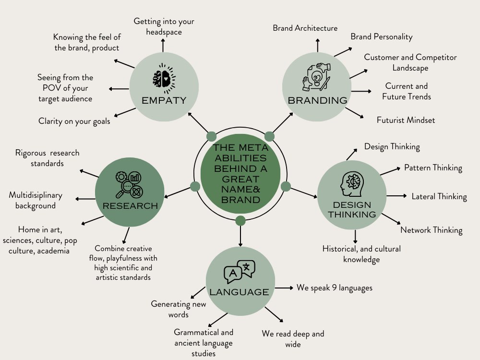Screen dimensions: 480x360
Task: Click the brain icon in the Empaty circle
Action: [x=164, y=78]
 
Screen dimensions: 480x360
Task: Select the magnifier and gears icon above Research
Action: [x=129, y=185]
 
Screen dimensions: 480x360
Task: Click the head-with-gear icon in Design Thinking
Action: [x=352, y=184]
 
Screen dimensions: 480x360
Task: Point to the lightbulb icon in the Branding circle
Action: [x=316, y=77]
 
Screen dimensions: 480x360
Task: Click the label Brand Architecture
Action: [x=305, y=28]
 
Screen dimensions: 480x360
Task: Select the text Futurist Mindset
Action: [x=406, y=120]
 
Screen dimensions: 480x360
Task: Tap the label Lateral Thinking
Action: [x=439, y=196]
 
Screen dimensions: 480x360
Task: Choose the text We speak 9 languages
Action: [x=334, y=288]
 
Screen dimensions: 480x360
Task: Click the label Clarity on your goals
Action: [x=74, y=121]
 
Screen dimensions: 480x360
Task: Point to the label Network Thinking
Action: [x=432, y=230]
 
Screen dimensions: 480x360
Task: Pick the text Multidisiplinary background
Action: [x=36, y=200]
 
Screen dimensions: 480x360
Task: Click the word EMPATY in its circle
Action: [x=164, y=100]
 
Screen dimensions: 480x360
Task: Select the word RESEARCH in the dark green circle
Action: [x=130, y=206]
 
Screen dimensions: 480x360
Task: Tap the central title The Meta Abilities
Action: [x=240, y=174]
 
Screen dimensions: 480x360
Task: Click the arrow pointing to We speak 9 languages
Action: [x=284, y=288]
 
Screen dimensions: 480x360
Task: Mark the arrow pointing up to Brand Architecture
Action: [x=318, y=45]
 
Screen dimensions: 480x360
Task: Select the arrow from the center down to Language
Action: [x=240, y=236]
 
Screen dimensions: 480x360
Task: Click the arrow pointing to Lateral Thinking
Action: [x=397, y=196]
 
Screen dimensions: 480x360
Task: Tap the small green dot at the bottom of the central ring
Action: [x=240, y=220]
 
